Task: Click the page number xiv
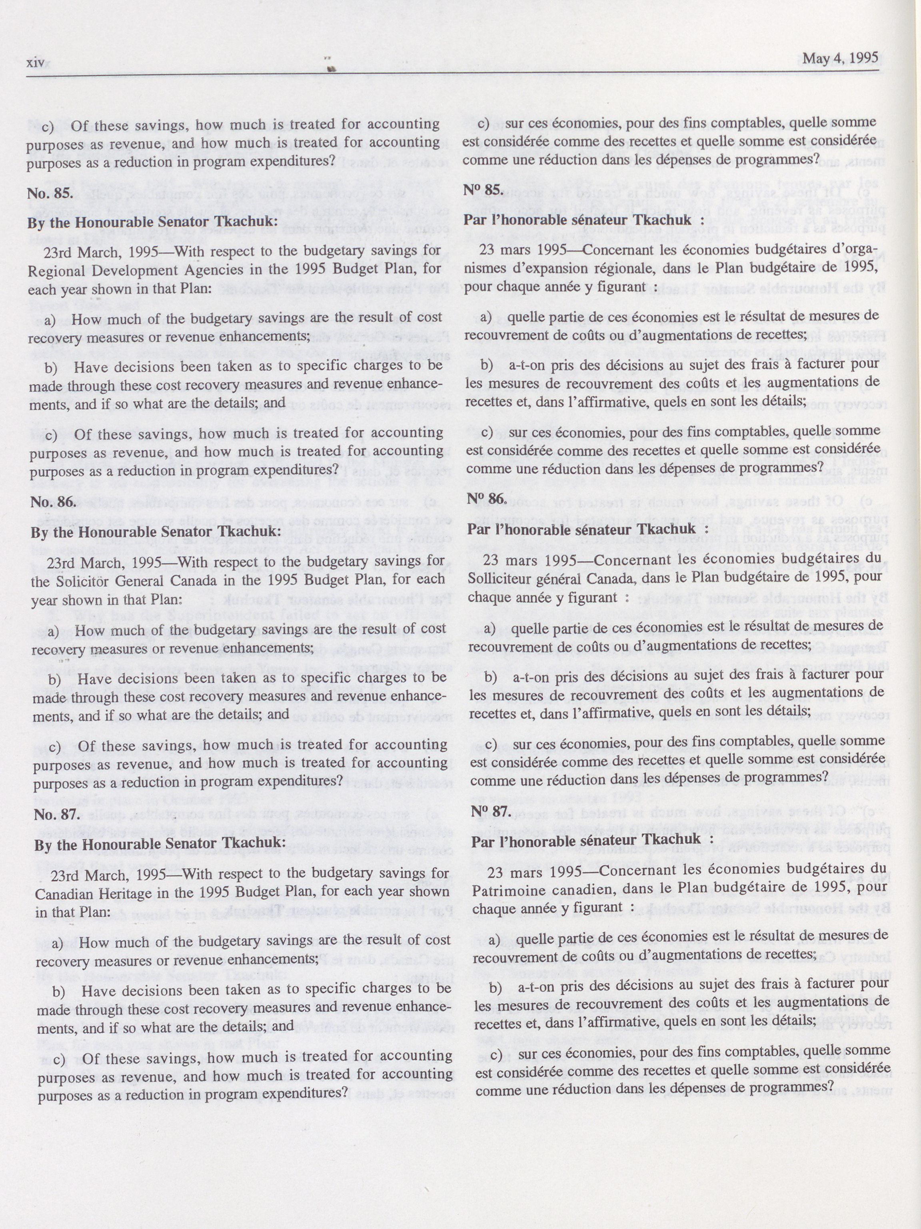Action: tap(36, 64)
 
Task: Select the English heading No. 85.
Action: tap(45, 195)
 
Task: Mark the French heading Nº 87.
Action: tap(490, 812)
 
